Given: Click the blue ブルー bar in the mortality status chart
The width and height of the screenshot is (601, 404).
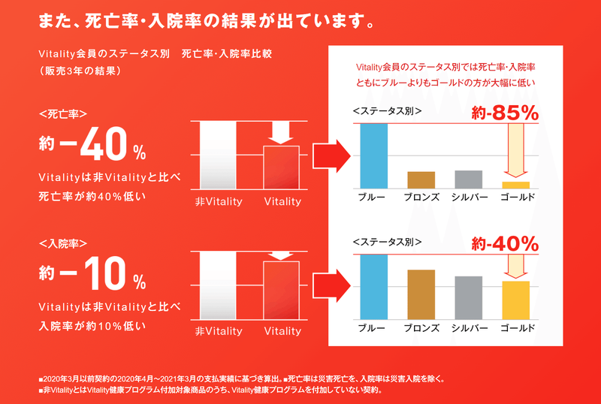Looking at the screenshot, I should [x=374, y=155].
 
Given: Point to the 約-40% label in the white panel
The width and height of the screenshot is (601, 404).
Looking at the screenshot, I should [x=505, y=244].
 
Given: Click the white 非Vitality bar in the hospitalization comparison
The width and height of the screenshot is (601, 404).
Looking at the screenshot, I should [x=219, y=285].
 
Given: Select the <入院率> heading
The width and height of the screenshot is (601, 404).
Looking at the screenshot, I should [x=63, y=244].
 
